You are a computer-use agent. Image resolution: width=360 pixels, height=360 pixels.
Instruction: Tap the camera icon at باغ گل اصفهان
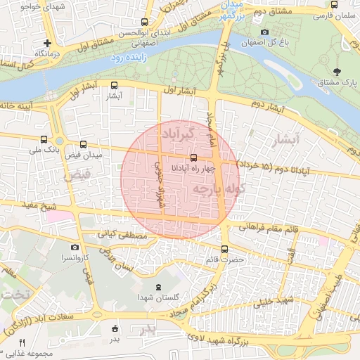click(264, 32)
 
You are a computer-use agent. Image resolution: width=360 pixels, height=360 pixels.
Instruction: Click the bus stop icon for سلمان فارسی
click(333, 4)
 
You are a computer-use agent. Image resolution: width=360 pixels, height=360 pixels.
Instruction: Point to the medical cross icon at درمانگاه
click(47, 43)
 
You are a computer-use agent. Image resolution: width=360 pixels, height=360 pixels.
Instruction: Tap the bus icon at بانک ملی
click(45, 139)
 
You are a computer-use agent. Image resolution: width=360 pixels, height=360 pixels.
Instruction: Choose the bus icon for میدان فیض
click(84, 143)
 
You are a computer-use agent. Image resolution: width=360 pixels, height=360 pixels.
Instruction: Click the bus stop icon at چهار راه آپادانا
click(193, 158)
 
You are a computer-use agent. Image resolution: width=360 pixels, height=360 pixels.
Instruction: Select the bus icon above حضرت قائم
click(224, 248)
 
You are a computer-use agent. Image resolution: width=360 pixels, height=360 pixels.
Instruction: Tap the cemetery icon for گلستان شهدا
click(157, 287)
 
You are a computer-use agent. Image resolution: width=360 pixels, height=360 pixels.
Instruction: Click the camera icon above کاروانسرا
click(75, 247)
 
